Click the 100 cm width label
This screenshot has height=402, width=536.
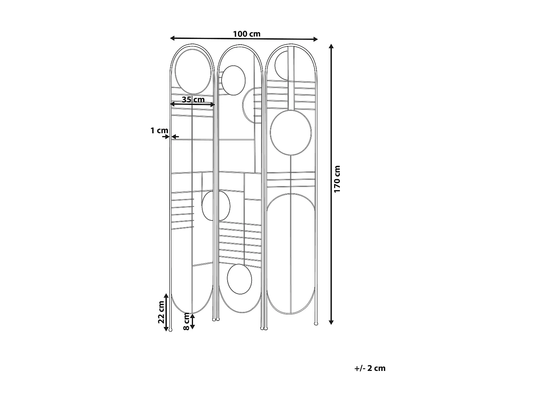click(x=247, y=34)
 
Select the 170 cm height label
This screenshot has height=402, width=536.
click(x=337, y=179)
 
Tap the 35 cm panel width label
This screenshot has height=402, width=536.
click(x=193, y=99)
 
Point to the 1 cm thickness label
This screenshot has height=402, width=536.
click(x=157, y=131)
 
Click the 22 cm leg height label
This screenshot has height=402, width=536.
click(x=161, y=312)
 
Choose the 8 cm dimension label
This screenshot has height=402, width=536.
click(x=186, y=321)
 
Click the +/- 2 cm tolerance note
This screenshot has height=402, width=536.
click(x=370, y=368)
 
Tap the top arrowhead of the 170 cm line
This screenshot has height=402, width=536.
click(x=331, y=46)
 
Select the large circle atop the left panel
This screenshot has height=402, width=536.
click(x=192, y=72)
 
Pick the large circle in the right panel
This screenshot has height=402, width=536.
click(x=291, y=133)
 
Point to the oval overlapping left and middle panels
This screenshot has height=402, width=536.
click(x=216, y=206)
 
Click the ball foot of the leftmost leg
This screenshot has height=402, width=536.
click(x=170, y=330)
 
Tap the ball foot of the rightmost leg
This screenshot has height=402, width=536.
click(x=316, y=324)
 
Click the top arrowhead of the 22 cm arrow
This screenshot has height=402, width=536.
click(x=166, y=296)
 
